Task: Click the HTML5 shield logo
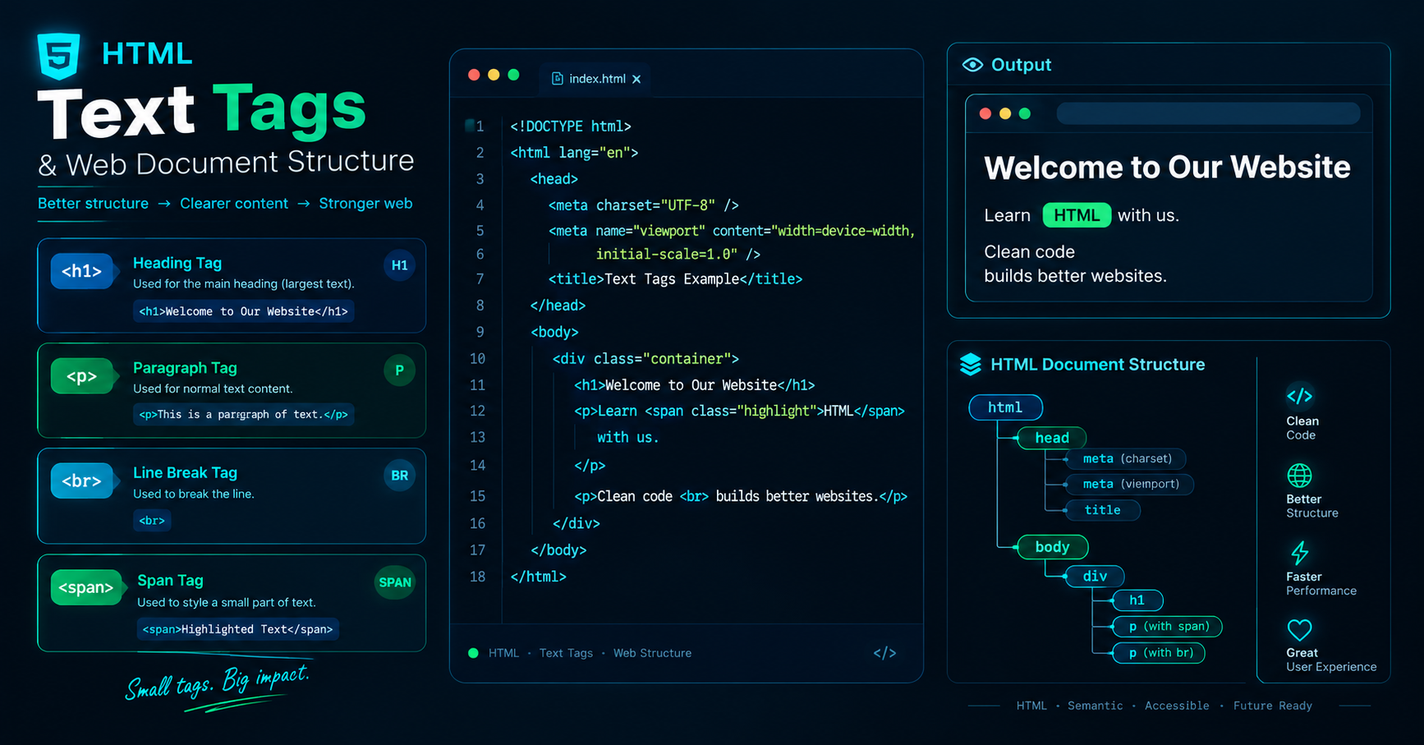[x=59, y=56]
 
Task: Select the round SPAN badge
[x=394, y=582]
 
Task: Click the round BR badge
[x=399, y=476]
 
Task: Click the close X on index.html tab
[x=636, y=79]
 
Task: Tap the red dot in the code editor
[x=474, y=75]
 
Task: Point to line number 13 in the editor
[x=477, y=437]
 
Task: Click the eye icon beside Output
[x=972, y=65]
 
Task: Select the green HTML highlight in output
[x=1077, y=215]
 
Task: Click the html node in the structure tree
[x=1005, y=407]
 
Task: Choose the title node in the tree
[x=1102, y=510]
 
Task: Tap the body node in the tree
[x=1052, y=547]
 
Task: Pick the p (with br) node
[x=1159, y=653]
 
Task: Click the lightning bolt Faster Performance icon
[x=1299, y=552]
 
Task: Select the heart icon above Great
[x=1299, y=630]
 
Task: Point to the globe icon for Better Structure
[x=1299, y=476]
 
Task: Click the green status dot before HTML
[x=473, y=653]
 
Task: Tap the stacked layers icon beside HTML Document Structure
[x=971, y=365]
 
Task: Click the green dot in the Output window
[x=1025, y=113]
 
